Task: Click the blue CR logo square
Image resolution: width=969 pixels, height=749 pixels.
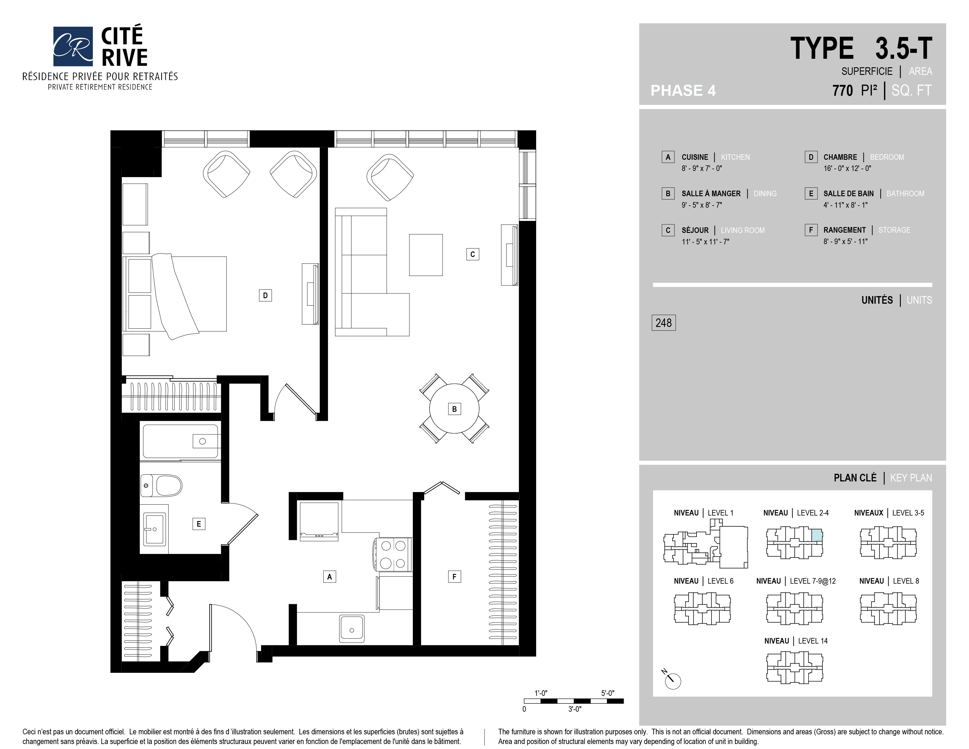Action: point(73,46)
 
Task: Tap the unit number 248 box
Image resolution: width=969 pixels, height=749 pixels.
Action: point(663,323)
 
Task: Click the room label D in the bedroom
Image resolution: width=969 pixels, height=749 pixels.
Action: point(265,295)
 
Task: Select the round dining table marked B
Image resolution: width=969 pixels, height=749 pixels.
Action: point(454,408)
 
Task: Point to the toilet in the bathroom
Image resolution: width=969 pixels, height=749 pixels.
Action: point(161,486)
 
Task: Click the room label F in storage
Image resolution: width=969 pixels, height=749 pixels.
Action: point(454,576)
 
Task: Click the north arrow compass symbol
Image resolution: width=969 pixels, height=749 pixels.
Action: point(672,679)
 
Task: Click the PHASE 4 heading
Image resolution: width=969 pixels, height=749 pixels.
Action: point(683,90)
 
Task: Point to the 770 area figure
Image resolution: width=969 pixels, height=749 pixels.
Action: point(842,90)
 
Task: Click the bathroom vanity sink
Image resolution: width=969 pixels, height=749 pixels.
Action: point(154,529)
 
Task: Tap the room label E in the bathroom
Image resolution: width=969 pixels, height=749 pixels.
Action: point(199,524)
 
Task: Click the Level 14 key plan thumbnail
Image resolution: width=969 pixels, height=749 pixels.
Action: point(795,667)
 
